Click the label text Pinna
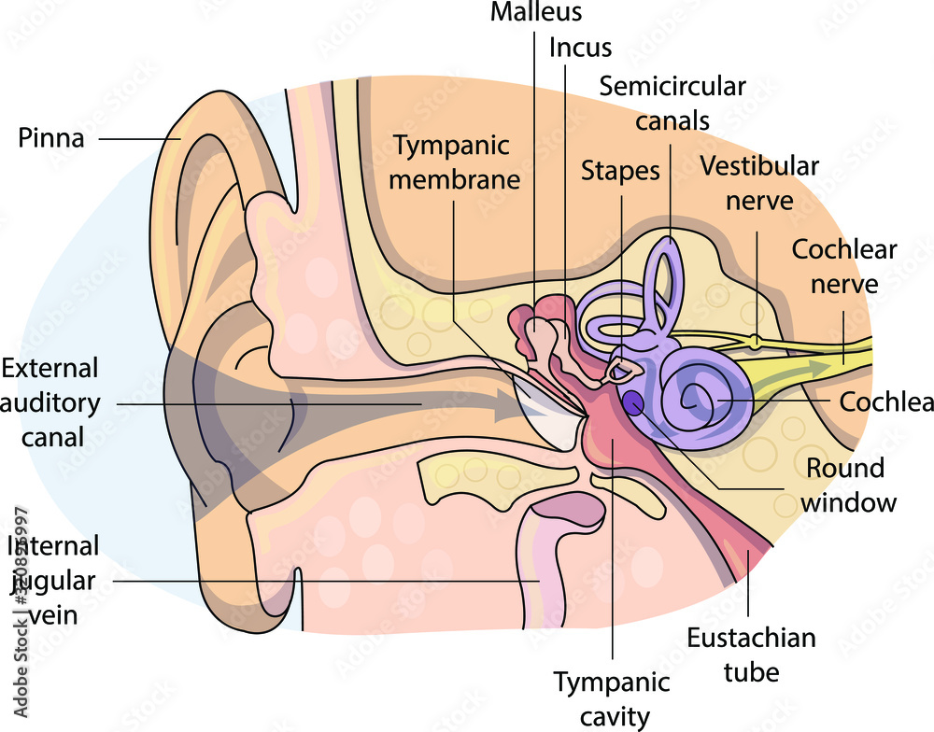(x=51, y=139)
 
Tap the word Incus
(x=580, y=48)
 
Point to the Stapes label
(x=620, y=172)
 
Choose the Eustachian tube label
(x=751, y=655)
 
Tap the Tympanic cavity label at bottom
(x=612, y=698)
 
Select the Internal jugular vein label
(x=52, y=581)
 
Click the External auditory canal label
(x=52, y=402)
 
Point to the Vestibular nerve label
(x=758, y=183)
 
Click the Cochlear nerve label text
(x=843, y=266)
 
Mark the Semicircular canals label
(x=672, y=103)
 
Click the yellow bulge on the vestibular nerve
(x=755, y=342)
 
